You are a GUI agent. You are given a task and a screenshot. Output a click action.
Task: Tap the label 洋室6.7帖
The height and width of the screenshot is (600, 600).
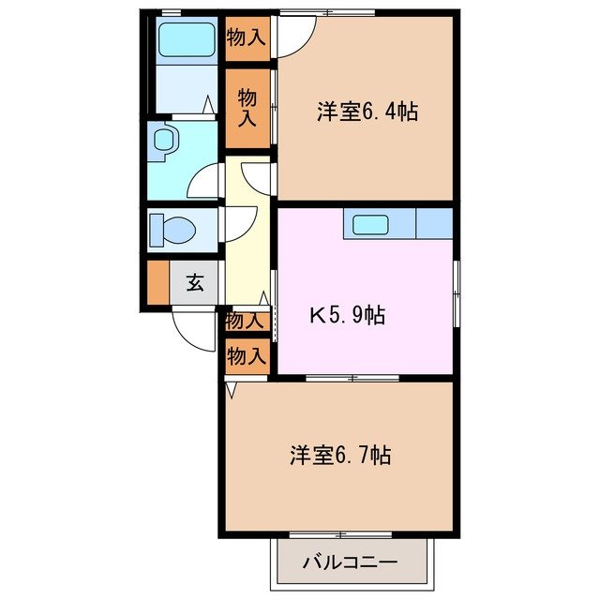[x=339, y=457]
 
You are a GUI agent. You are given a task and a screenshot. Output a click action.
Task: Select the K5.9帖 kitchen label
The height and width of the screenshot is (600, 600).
[x=347, y=315]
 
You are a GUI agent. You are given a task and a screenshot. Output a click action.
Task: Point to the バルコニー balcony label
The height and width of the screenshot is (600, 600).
[x=350, y=563]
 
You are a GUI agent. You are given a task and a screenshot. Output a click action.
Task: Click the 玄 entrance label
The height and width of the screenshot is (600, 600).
[x=194, y=282]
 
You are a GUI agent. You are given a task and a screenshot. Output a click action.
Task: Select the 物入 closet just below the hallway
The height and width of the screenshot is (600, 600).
[x=246, y=321]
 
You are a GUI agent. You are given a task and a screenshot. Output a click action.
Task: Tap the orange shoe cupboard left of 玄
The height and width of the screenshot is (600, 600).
[x=157, y=282]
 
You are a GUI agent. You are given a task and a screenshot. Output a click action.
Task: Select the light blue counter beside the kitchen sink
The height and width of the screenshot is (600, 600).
[x=433, y=224]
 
